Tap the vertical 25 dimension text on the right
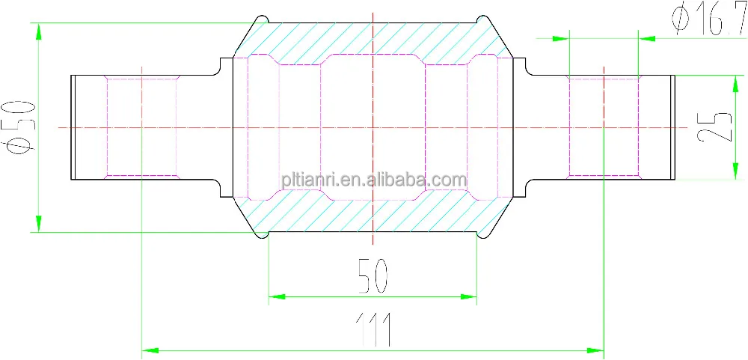tap(715, 127)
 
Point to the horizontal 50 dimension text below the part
tap(373, 275)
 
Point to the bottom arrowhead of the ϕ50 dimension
tap(37, 224)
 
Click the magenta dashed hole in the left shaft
tap(142, 127)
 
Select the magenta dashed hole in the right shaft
tap(603, 127)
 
